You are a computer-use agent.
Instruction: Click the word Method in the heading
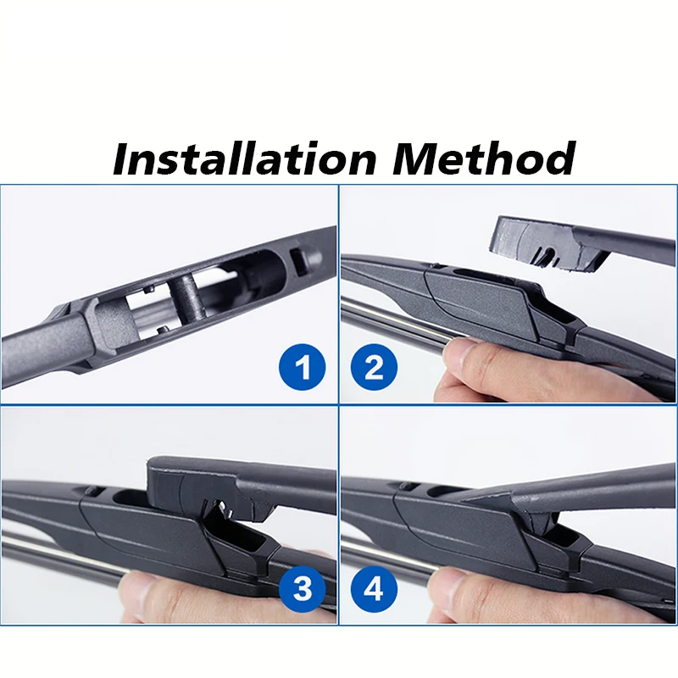483,158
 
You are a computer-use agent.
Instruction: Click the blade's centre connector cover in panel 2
492,297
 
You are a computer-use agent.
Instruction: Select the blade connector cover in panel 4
475,530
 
